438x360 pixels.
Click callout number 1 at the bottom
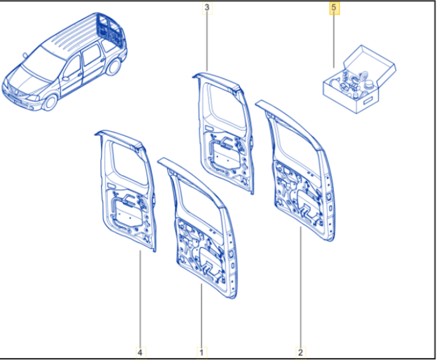coord(202,352)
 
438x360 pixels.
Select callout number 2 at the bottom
coord(301,352)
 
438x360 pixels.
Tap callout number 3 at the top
coord(207,7)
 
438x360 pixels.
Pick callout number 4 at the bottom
coord(140,352)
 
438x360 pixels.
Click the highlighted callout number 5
coord(334,7)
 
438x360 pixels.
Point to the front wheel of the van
coord(51,102)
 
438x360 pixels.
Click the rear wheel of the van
coord(113,67)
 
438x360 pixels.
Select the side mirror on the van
coord(66,79)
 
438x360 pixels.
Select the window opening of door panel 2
coord(298,143)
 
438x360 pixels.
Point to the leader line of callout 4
coord(140,299)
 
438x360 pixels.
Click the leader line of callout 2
coord(301,287)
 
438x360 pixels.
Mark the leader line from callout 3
coord(207,42)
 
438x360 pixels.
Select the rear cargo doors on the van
coord(110,29)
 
